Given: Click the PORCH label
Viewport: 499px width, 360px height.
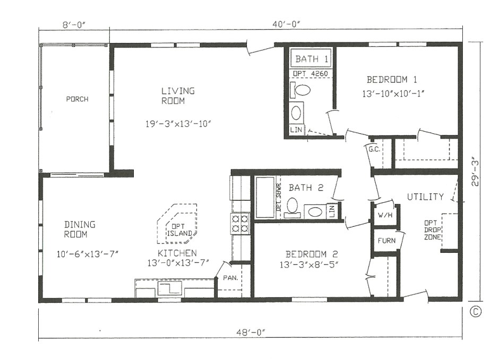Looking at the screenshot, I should (77, 99).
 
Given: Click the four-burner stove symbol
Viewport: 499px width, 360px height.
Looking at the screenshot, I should (240, 223).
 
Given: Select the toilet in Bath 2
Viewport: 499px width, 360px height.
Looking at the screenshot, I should (292, 205).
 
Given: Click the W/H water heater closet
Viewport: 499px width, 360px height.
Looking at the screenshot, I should (384, 216).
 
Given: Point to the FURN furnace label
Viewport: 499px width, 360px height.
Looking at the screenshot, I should (386, 241).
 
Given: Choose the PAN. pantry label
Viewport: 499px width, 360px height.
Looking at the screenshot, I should (229, 278).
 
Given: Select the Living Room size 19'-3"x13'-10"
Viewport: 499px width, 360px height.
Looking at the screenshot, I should (178, 124).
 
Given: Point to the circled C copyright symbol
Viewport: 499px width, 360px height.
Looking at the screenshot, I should (476, 312).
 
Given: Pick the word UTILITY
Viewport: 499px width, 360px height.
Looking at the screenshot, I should (425, 197).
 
